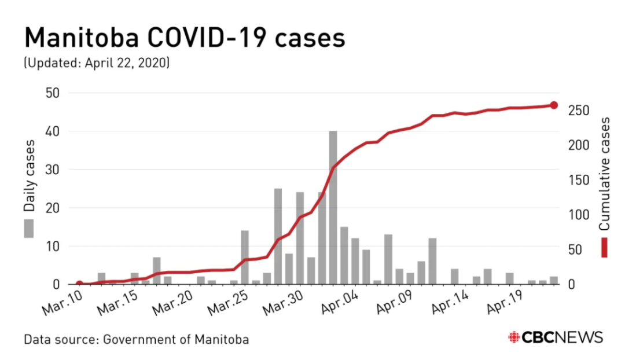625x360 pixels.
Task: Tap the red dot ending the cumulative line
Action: click(553, 105)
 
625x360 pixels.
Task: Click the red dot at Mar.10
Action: click(79, 284)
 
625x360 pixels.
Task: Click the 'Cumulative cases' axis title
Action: click(604, 173)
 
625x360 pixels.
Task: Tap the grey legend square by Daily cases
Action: click(28, 228)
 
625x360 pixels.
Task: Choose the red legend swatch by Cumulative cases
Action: click(604, 247)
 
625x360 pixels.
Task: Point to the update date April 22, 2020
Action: click(127, 63)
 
